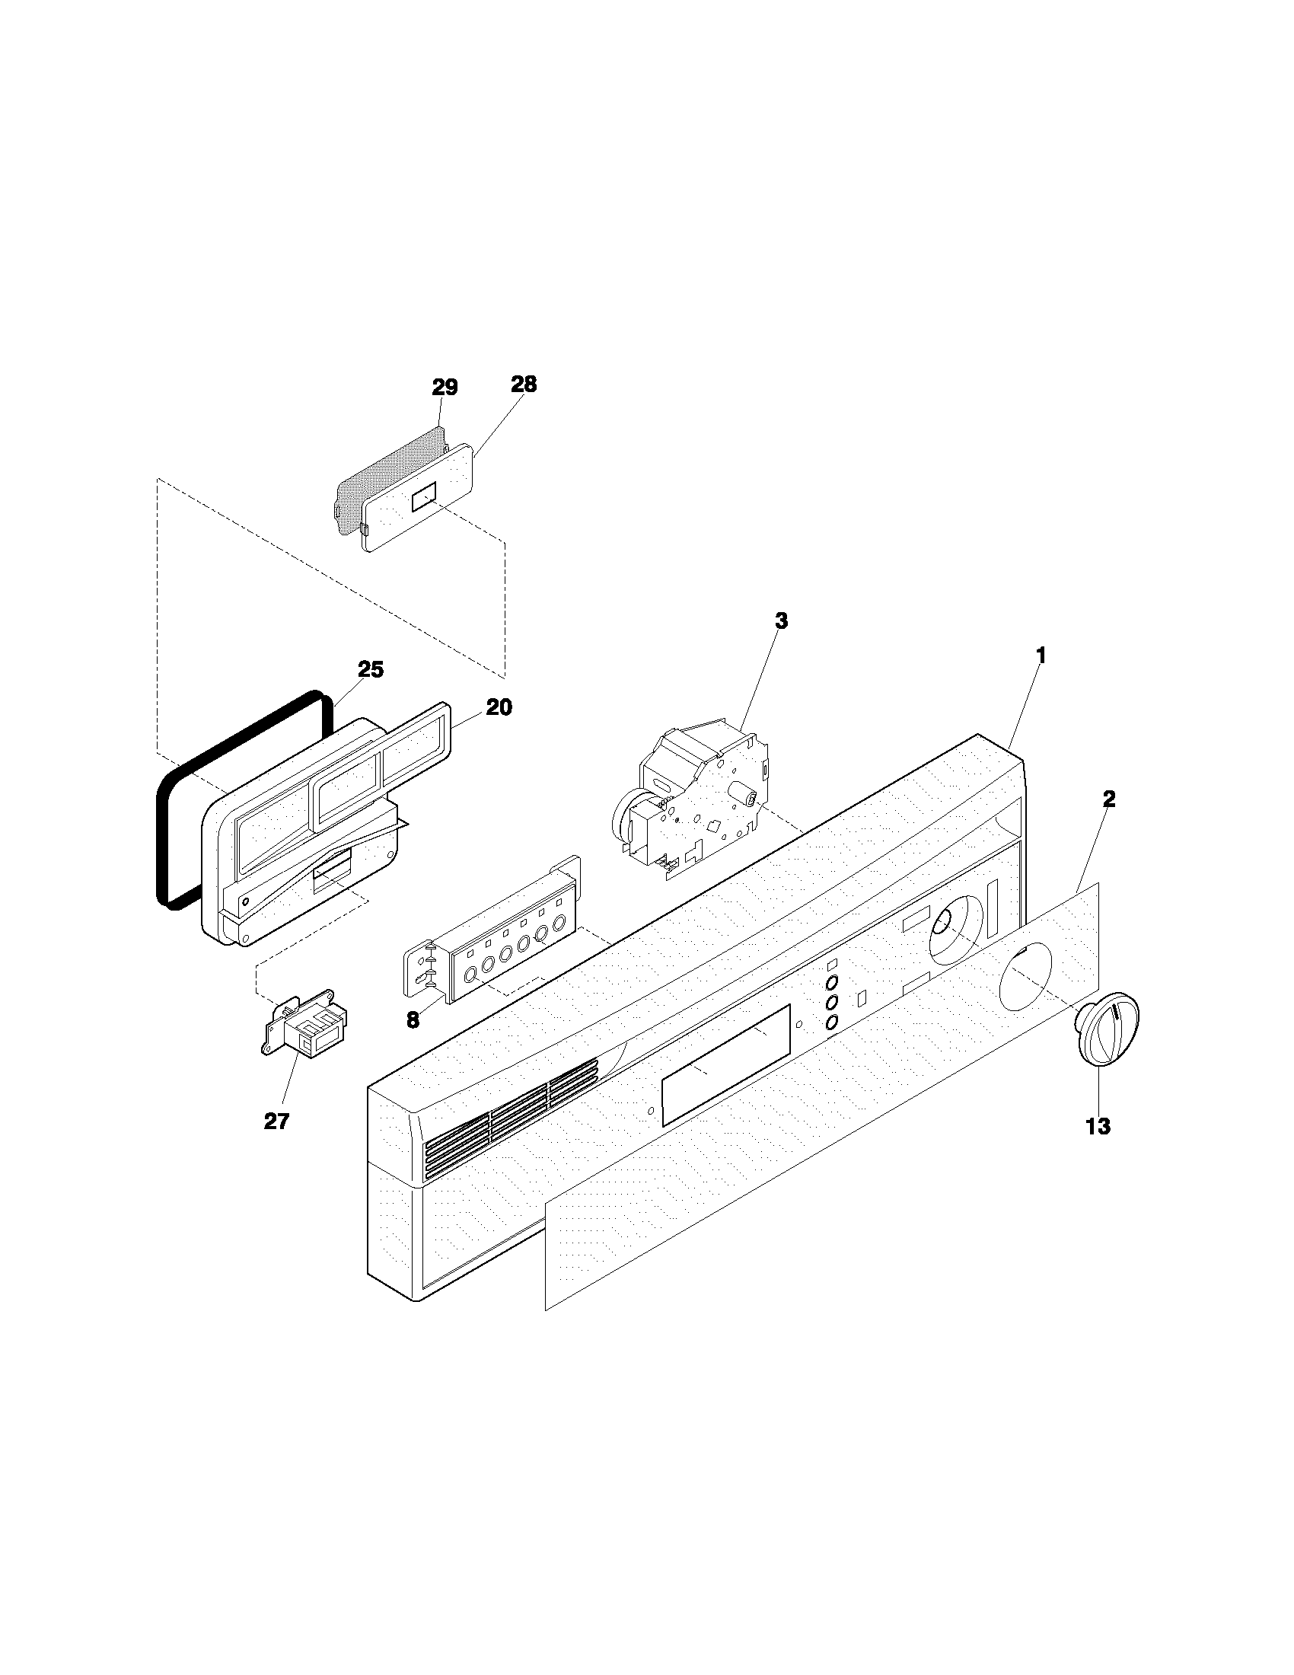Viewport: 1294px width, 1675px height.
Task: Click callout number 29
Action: click(x=445, y=388)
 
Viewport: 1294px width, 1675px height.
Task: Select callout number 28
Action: click(x=524, y=384)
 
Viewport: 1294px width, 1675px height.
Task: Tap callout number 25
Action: click(x=371, y=669)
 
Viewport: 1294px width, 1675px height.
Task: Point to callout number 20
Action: click(x=499, y=707)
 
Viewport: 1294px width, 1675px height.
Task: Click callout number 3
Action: click(x=780, y=621)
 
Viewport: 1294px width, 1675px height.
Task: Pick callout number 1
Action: click(x=1041, y=656)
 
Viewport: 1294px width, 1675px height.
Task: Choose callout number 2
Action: click(x=1108, y=799)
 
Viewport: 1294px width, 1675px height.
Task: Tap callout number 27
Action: click(x=277, y=1121)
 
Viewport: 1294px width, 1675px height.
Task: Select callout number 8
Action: click(x=413, y=1020)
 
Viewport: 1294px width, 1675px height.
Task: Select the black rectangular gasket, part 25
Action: click(x=164, y=844)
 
